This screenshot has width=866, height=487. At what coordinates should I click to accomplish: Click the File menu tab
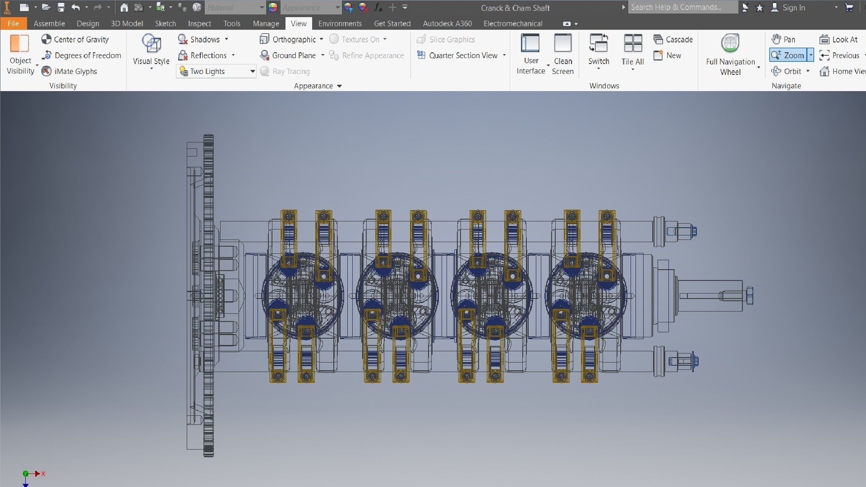click(x=13, y=23)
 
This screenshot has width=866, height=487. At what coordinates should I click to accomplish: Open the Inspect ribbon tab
click(x=199, y=23)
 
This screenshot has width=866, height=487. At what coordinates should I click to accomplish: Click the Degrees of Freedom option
click(x=82, y=55)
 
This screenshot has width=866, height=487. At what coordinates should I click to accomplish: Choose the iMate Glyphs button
click(x=69, y=71)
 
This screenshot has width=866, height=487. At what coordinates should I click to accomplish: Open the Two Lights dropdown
click(x=252, y=71)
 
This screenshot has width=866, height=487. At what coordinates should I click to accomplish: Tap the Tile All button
click(x=632, y=50)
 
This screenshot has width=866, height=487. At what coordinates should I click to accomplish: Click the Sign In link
click(x=793, y=8)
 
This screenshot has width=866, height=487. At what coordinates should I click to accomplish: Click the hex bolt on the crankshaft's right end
click(x=749, y=296)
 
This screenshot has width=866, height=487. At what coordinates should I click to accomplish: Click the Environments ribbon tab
click(x=340, y=23)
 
